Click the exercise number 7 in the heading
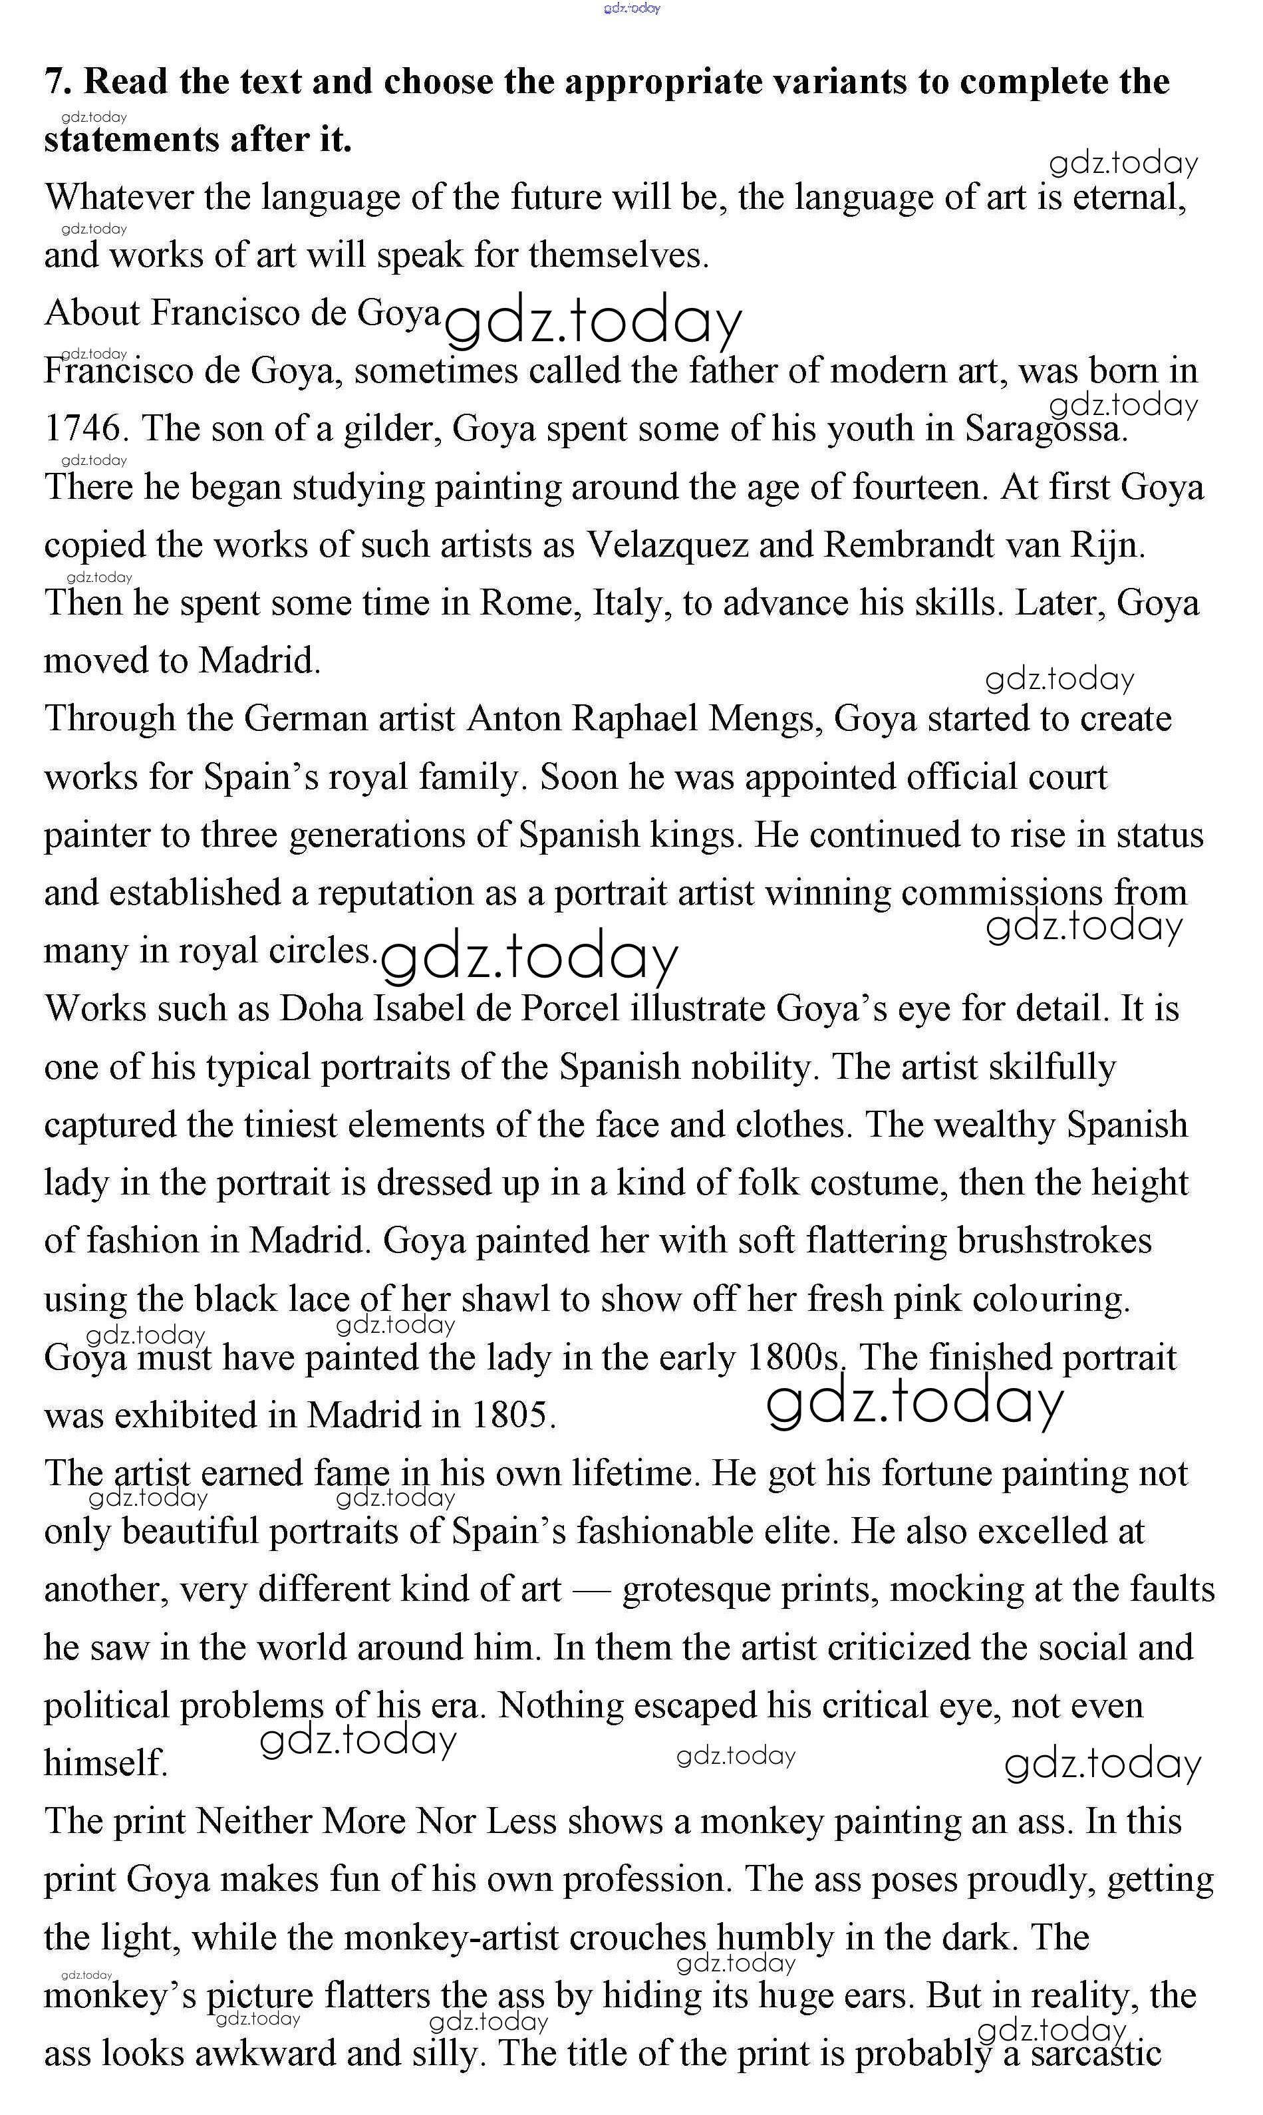(55, 82)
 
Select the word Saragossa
(1045, 429)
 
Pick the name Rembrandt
(908, 545)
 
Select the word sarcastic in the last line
(1095, 2054)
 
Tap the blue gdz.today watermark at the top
(632, 9)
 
